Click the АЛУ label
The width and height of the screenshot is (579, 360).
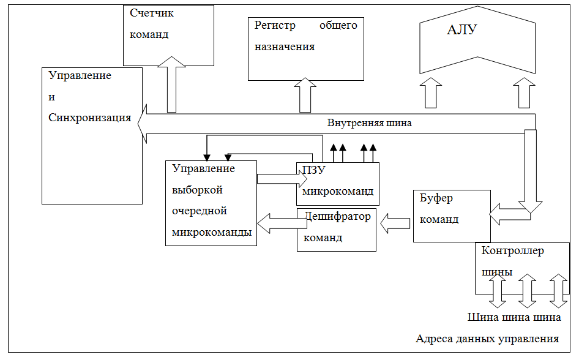tap(462, 29)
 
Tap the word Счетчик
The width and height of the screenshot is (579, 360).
tap(151, 13)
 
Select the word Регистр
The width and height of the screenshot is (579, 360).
tap(275, 26)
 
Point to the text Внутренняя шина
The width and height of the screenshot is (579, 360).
tap(369, 123)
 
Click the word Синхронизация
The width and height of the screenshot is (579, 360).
tap(90, 118)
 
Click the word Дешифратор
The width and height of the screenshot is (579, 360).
tap(337, 217)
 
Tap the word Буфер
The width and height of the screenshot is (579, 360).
tap(436, 198)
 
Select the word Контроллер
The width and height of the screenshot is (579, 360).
tap(512, 251)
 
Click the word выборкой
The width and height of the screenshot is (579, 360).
tap(197, 190)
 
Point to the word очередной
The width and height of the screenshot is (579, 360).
tap(200, 211)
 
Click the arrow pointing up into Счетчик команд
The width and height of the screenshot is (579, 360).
tap(172, 84)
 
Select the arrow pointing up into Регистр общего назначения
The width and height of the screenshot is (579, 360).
tap(305, 95)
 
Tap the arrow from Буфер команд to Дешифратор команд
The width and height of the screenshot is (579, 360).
tap(395, 223)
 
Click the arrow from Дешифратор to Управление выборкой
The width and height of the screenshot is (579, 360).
tap(282, 223)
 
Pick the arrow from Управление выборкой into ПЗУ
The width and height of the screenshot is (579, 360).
tap(282, 179)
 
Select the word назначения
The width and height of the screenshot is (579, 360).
tap(285, 47)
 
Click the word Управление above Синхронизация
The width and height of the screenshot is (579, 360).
tap(80, 76)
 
